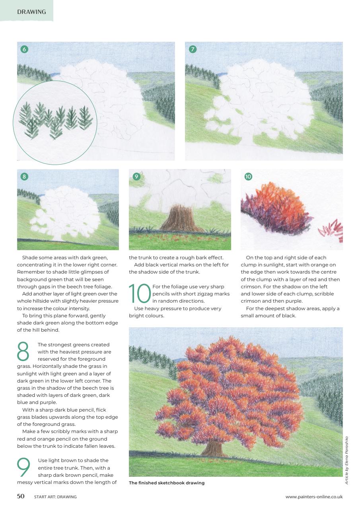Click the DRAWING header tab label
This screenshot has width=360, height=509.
click(31, 12)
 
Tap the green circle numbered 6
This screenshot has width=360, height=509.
click(24, 49)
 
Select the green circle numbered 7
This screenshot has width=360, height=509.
click(193, 49)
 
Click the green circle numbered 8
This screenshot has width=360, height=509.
click(24, 176)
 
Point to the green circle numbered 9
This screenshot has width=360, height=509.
click(136, 176)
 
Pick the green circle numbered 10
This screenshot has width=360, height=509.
click(248, 176)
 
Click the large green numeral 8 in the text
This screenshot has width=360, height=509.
click(24, 352)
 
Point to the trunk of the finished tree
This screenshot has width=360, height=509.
click(214, 448)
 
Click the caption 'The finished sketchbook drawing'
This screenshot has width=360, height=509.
click(167, 483)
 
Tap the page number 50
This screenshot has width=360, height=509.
click(21, 496)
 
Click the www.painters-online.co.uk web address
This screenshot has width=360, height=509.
click(314, 497)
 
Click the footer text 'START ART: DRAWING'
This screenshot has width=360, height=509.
click(55, 497)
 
